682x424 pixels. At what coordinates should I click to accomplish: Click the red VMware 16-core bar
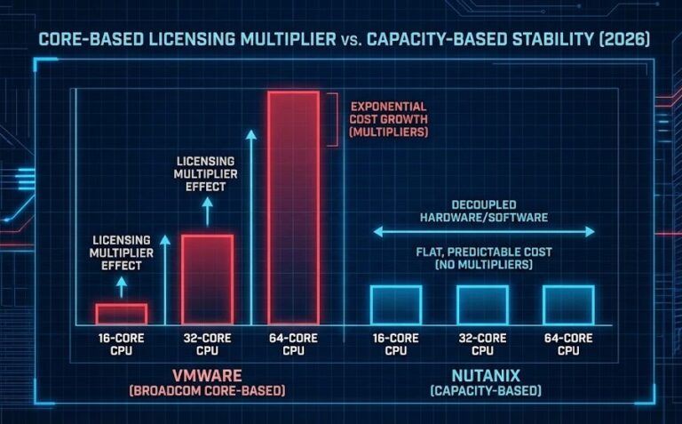pyautogui.click(x=122, y=314)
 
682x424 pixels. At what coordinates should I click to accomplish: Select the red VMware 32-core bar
pyautogui.click(x=208, y=279)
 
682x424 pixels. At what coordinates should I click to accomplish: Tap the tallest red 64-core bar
pyautogui.click(x=293, y=207)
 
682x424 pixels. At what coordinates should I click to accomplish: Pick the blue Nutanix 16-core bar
pyautogui.click(x=396, y=305)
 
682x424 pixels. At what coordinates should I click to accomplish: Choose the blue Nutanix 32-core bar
pyautogui.click(x=482, y=305)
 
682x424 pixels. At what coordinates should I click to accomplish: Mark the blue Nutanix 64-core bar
pyautogui.click(x=568, y=305)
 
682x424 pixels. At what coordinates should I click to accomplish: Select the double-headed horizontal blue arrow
pyautogui.click(x=484, y=232)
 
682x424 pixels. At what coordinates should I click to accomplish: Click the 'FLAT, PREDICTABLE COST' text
pyautogui.click(x=484, y=252)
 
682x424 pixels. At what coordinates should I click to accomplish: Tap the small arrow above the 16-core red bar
pyautogui.click(x=123, y=286)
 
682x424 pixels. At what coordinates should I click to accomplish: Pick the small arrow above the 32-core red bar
pyautogui.click(x=208, y=211)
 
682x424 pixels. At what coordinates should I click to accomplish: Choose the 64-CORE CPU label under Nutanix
pyautogui.click(x=568, y=344)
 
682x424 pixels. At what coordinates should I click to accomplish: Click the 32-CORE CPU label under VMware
pyautogui.click(x=208, y=344)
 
